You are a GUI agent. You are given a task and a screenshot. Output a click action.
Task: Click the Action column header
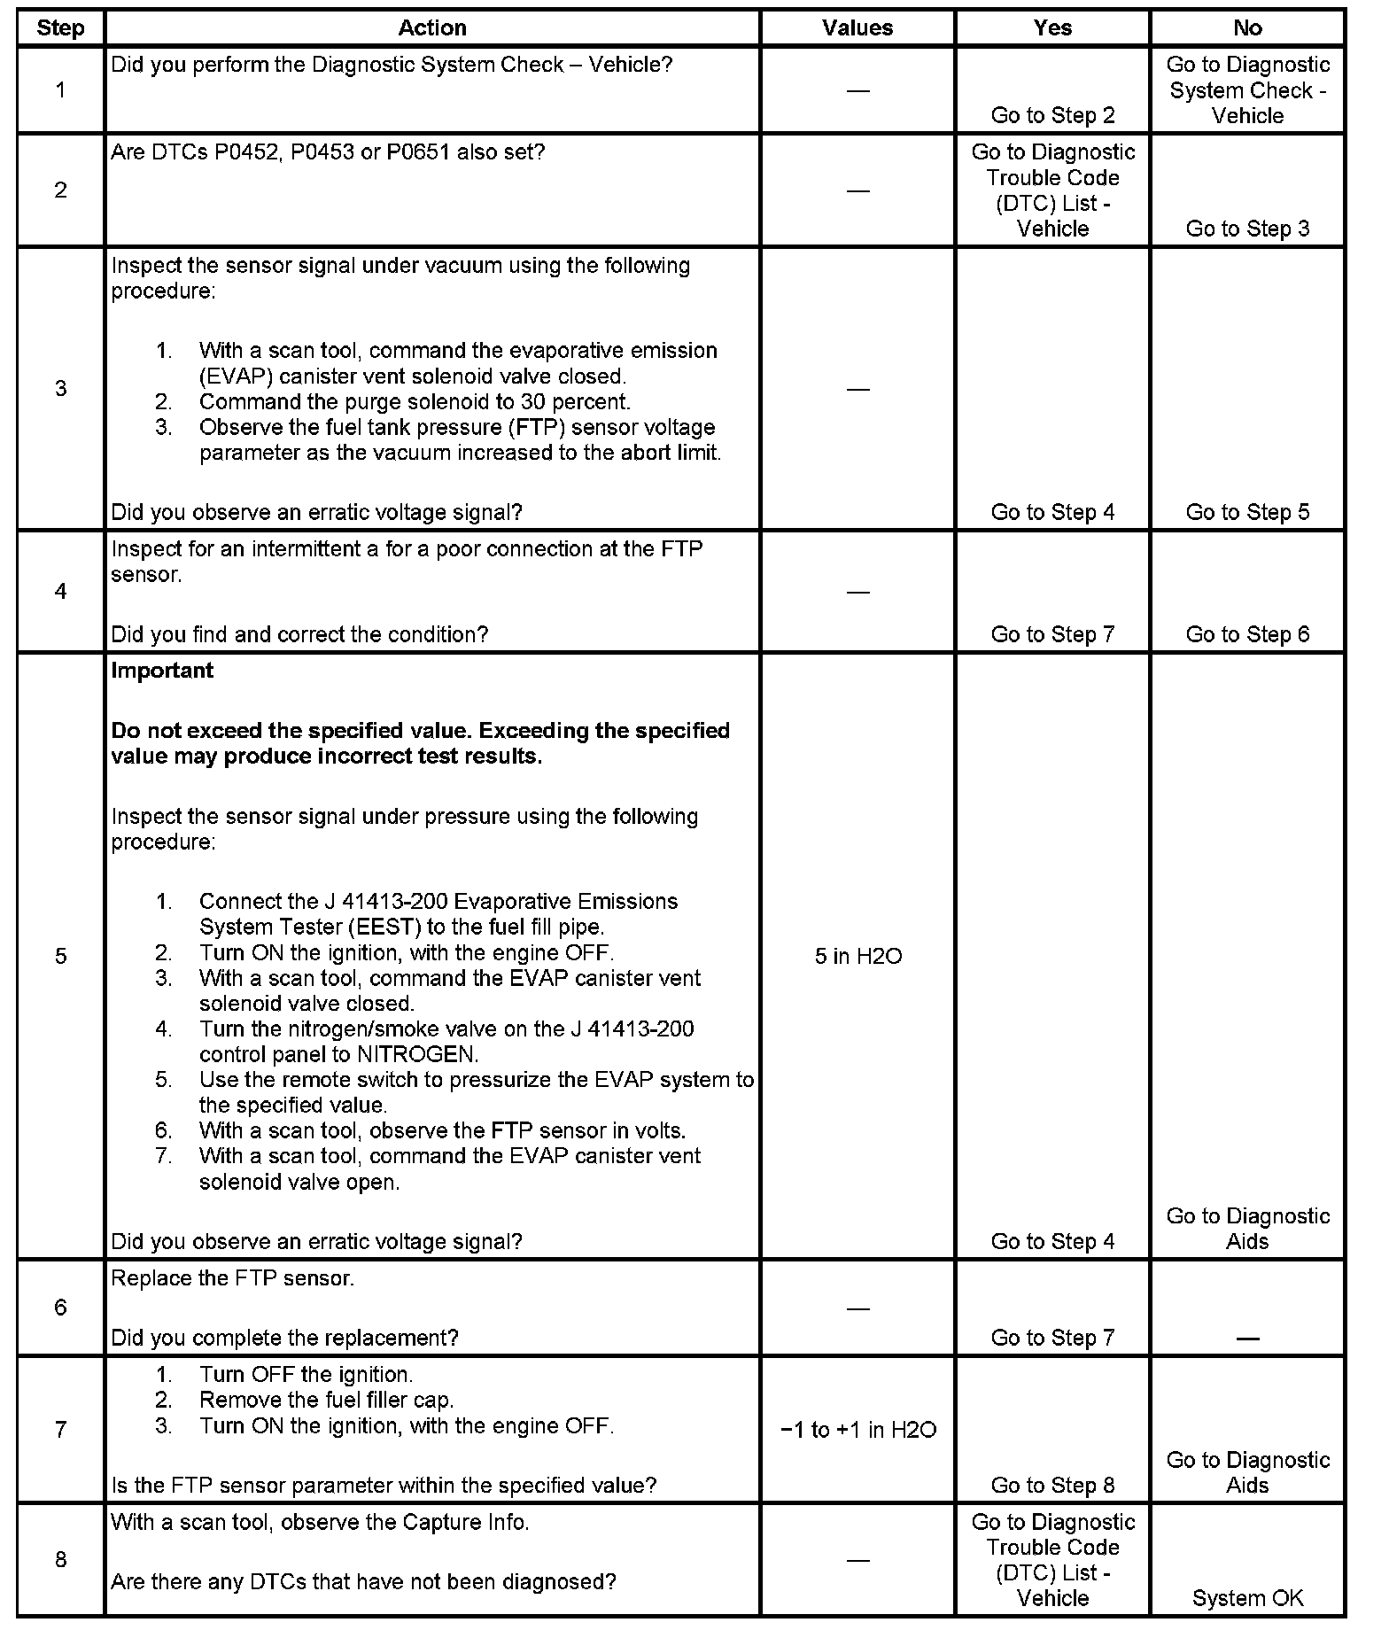pos(431,28)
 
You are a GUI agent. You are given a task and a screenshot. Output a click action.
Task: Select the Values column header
pos(857,28)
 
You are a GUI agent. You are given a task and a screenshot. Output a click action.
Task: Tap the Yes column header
pos(1051,28)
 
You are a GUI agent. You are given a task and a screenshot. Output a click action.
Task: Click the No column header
pos(1246,28)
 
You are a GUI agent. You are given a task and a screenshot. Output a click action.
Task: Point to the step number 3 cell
pos(60,389)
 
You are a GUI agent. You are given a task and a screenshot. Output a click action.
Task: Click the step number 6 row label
pos(60,1308)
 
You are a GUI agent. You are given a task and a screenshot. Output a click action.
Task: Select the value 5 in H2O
pos(857,956)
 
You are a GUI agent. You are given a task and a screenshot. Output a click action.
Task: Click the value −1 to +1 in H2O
pos(857,1430)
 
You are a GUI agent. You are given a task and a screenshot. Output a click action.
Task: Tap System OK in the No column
pos(1247,1598)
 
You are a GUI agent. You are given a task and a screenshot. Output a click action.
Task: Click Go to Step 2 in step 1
pos(1052,115)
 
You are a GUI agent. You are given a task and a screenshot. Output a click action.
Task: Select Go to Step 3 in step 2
pos(1247,229)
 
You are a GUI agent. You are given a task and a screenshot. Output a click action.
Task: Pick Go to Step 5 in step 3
pos(1247,512)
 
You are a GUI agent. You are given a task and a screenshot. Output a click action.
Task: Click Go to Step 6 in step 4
pos(1247,634)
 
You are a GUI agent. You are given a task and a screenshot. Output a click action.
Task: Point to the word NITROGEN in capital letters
pos(416,1054)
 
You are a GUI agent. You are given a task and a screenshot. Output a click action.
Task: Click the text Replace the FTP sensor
pos(232,1278)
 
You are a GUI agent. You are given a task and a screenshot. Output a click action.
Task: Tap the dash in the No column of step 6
pos(1247,1338)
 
